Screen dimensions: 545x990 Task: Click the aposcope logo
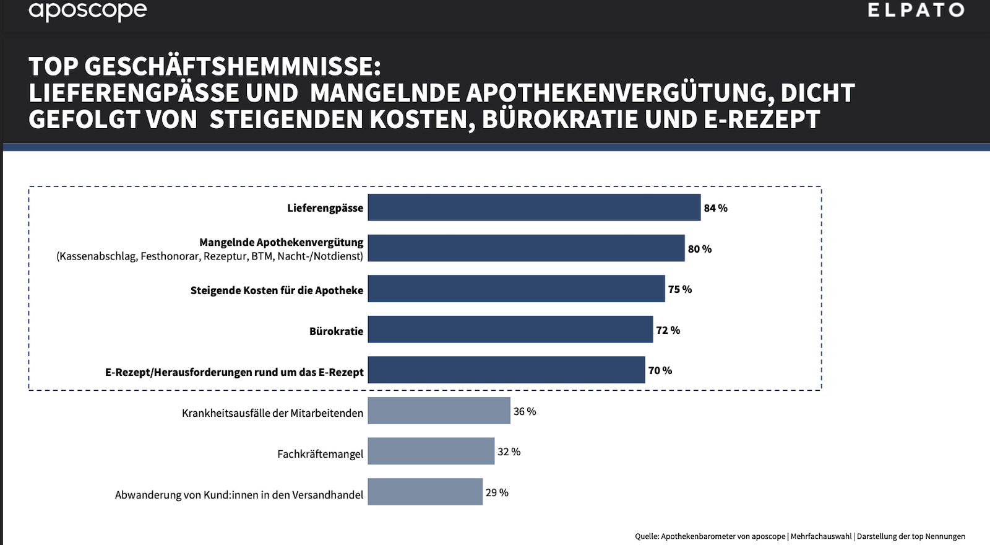87,11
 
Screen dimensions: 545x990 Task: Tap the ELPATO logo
916,10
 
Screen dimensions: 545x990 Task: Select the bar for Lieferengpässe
534,207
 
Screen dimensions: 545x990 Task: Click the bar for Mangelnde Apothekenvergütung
526,248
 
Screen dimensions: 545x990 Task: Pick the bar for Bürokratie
510,329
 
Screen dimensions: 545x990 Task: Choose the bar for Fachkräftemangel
431,451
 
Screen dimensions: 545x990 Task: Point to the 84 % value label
715,208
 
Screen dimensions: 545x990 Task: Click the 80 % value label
700,249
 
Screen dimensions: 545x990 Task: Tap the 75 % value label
679,289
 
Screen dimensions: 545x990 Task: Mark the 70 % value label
660,370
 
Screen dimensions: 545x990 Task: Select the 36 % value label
525,411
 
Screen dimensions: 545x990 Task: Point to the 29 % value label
497,492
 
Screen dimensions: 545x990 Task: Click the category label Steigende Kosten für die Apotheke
277,290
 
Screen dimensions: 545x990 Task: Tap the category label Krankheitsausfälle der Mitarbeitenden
272,413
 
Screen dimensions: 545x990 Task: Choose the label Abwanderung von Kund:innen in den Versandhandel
239,495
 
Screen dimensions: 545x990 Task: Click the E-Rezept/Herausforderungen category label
234,372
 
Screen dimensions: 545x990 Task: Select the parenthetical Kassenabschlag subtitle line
210,256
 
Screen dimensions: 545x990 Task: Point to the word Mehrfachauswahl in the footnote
820,536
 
